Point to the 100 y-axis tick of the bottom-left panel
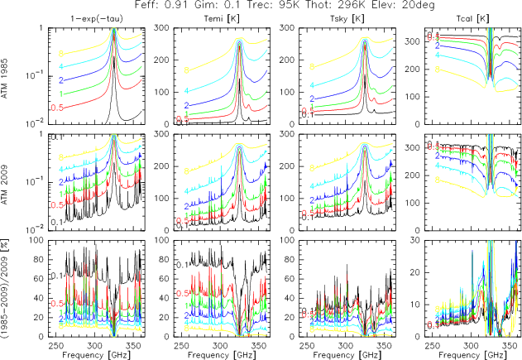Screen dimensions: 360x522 36,240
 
